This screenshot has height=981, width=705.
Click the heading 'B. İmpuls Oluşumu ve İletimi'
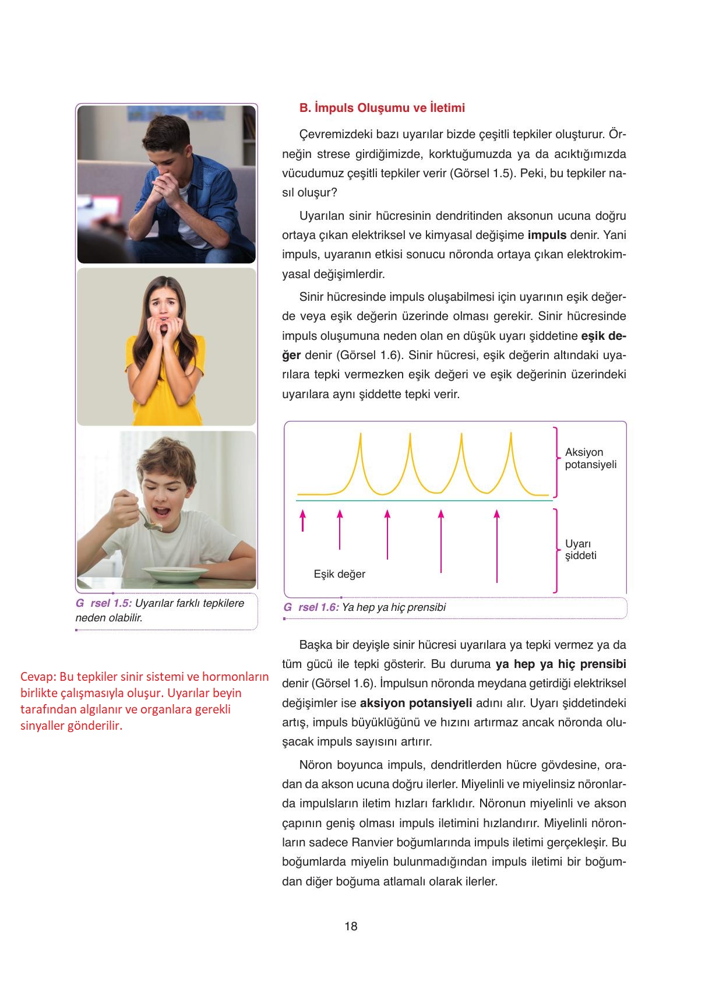[382, 108]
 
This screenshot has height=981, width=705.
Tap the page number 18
[351, 926]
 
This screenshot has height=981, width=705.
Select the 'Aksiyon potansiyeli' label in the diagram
[590, 458]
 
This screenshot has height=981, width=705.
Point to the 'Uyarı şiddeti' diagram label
[580, 549]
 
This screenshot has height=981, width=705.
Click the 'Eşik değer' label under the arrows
[339, 574]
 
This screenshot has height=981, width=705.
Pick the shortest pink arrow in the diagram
[302, 521]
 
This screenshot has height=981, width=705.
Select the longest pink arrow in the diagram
[496, 546]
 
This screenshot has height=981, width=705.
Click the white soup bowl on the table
[177, 574]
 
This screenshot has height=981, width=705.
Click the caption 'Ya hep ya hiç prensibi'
[393, 607]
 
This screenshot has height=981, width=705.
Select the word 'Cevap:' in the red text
[38, 677]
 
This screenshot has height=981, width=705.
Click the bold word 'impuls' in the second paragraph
[547, 235]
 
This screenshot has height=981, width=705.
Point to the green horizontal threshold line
[424, 500]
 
